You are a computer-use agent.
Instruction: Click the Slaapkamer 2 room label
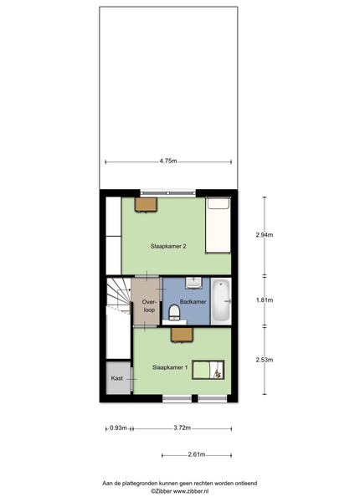168,246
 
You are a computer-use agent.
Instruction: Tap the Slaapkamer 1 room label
170,367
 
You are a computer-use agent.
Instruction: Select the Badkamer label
193,301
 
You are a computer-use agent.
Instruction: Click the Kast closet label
117,378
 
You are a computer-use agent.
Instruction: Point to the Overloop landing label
149,305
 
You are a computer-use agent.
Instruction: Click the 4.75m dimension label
168,161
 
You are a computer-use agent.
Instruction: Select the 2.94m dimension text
265,234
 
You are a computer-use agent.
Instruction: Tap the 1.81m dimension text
265,300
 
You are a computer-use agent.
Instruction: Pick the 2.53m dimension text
265,360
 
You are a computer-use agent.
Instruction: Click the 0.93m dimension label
118,428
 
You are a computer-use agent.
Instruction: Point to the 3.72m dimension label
183,428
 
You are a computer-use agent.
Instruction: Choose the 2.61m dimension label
197,454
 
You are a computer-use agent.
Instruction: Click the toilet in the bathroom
174,312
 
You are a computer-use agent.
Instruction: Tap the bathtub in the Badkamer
221,301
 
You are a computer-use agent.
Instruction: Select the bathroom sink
193,283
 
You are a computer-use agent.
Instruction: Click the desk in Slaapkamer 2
146,205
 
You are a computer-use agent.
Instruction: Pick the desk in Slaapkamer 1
182,335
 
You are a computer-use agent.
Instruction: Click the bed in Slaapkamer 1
208,370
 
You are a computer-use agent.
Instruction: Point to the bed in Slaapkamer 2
218,225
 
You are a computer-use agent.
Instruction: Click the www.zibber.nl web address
191,491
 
